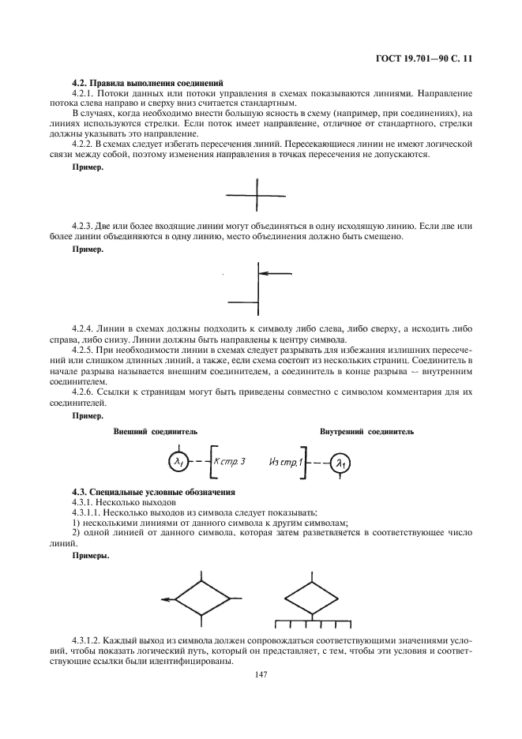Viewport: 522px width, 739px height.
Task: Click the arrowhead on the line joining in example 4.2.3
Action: pyautogui.click(x=264, y=273)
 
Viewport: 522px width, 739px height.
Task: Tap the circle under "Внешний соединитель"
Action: pyautogui.click(x=179, y=461)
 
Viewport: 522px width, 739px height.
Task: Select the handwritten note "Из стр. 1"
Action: pyautogui.click(x=286, y=462)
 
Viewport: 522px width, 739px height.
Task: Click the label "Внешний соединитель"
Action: pyautogui.click(x=156, y=432)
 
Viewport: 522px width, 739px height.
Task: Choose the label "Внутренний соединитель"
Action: pyautogui.click(x=366, y=432)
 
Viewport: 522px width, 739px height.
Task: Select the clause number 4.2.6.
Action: pyautogui.click(x=83, y=392)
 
